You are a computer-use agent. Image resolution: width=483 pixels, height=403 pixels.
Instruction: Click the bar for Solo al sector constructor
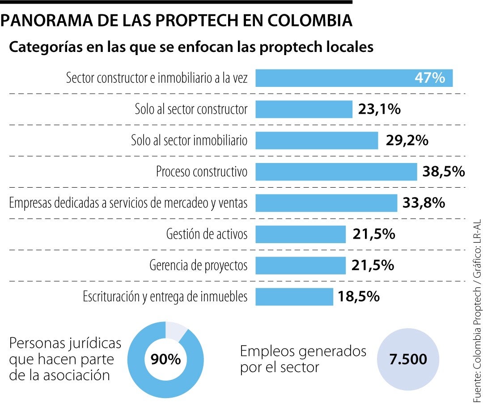click(x=304, y=109)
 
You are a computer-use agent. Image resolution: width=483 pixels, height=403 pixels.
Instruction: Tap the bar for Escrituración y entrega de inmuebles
click(x=294, y=296)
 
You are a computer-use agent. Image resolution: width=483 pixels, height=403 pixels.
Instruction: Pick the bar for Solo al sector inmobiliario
click(x=317, y=140)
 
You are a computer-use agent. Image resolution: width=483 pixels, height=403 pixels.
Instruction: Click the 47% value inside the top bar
click(x=430, y=78)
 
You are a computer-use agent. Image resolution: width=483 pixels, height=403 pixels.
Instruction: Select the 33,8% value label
click(x=424, y=203)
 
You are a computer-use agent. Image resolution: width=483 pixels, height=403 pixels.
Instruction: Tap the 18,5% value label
click(x=359, y=296)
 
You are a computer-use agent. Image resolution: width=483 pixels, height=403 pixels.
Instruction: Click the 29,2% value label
click(x=407, y=140)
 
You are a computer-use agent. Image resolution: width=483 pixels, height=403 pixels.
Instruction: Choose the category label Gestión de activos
click(x=207, y=234)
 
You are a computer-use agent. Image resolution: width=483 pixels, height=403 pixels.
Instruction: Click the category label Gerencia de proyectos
click(x=198, y=265)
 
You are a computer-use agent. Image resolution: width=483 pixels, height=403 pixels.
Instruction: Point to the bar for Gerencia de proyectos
click(x=301, y=265)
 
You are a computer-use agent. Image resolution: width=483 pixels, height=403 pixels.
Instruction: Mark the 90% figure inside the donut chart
click(x=165, y=360)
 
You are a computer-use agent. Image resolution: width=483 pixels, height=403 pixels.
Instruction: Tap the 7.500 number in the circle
click(x=408, y=360)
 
